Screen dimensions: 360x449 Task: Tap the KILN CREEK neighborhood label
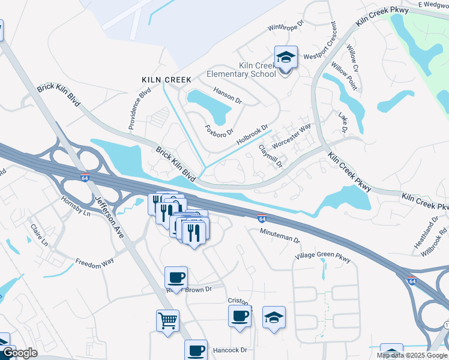[x=166, y=80]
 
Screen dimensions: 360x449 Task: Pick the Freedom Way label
[x=94, y=262]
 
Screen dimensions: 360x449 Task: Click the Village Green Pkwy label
[x=322, y=257]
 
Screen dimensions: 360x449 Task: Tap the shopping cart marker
[x=167, y=320]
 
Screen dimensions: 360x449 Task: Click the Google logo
[x=20, y=353]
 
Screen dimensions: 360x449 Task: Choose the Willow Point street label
[x=344, y=77]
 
